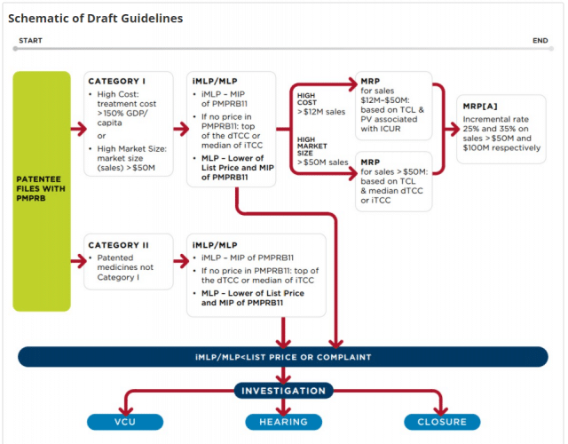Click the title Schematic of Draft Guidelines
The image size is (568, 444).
pos(96,18)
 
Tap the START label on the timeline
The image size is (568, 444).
pos(30,40)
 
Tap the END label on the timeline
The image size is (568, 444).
pos(540,40)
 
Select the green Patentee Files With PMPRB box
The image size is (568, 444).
pos(42,191)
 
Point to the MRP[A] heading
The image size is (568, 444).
pos(481,106)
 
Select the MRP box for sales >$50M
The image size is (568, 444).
pos(392,180)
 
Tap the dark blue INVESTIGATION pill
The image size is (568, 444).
pos(283,390)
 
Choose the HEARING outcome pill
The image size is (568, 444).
pos(283,422)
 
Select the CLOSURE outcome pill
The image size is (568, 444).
pos(441,422)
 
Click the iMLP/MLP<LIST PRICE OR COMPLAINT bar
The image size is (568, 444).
pos(283,357)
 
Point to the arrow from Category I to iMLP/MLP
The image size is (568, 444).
pos(174,129)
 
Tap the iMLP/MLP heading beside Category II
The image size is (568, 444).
pos(217,244)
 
